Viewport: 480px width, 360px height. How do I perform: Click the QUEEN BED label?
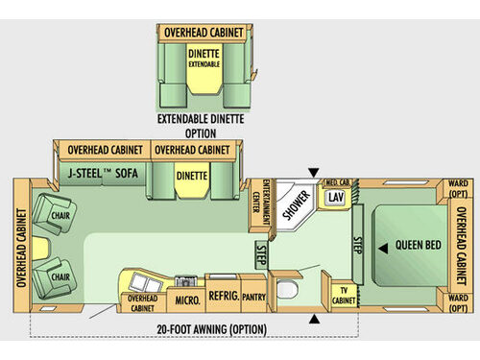coord(419,246)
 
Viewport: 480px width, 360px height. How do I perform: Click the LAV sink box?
coord(334,197)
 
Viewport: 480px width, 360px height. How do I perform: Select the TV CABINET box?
coord(343,295)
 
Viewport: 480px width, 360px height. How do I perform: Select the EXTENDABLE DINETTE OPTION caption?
coord(201,127)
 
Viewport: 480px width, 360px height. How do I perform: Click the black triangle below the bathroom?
coord(316,320)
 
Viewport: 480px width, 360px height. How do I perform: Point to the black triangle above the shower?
coord(311,172)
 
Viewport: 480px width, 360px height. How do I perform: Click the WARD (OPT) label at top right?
coord(458,187)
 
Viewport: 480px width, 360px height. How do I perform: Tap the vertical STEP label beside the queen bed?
coord(356,245)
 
